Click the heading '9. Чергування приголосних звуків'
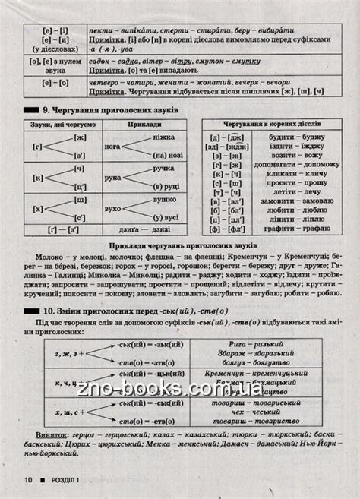click(106, 109)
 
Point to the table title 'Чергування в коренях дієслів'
click(272, 122)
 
